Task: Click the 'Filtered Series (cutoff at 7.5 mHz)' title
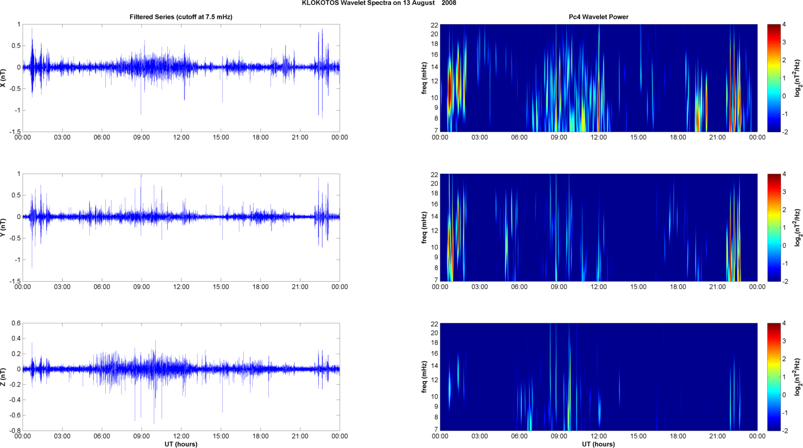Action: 181,17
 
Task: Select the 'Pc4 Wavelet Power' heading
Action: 598,17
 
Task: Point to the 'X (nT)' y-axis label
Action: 3,78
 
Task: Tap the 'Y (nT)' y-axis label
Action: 3,227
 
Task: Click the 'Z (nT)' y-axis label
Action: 3,377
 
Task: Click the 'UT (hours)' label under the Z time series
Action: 181,444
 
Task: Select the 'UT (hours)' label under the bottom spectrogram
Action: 598,444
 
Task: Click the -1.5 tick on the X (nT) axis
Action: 15,132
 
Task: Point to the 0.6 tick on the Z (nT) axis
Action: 16,323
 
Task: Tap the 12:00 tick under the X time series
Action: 181,137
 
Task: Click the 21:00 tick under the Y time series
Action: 300,287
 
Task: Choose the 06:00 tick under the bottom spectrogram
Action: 519,436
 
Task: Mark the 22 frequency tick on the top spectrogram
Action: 434,25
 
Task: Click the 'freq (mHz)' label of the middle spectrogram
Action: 424,227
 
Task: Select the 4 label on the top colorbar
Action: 784,25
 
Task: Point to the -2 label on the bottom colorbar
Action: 785,431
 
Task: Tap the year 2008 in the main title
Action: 449,3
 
